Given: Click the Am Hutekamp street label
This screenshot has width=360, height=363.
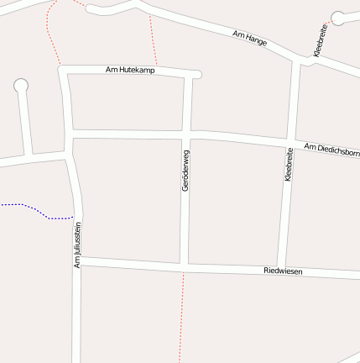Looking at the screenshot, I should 130,69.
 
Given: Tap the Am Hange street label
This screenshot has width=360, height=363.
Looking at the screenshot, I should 250,39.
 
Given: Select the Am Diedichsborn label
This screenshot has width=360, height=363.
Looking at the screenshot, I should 331,150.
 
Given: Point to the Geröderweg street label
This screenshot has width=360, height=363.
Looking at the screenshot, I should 185,170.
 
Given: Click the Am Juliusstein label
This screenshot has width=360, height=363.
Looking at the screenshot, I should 78,245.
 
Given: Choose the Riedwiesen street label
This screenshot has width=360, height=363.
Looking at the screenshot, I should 283,271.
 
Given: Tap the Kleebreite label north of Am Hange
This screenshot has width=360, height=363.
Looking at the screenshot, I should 321,40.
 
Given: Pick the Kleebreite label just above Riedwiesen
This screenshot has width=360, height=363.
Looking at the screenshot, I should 288,165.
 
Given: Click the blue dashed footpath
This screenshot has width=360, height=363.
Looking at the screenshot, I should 38,209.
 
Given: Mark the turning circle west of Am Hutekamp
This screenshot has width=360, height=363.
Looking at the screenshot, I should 21,85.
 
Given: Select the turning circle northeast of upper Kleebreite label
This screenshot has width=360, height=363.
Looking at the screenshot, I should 338,17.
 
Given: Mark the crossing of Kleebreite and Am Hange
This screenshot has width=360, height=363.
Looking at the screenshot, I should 299,61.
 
